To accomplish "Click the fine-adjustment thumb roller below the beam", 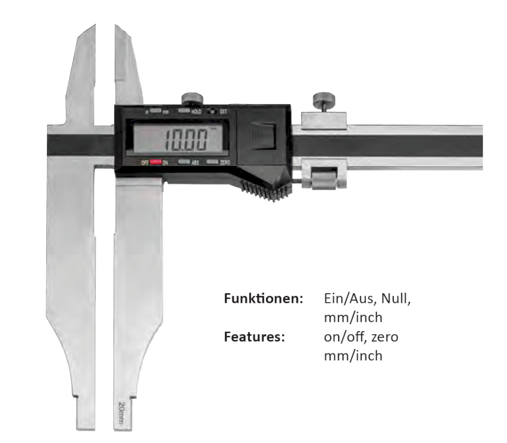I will [x=323, y=181].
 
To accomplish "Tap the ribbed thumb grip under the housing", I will [x=264, y=192].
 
